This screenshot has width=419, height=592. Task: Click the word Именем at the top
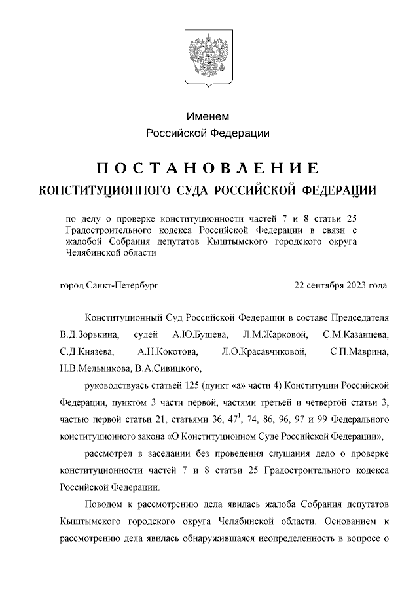[208, 116]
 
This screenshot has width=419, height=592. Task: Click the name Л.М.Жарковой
[270, 336]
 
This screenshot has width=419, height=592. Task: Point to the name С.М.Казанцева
[356, 336]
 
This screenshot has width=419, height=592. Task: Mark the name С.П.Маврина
[360, 353]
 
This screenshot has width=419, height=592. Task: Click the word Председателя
[358, 319]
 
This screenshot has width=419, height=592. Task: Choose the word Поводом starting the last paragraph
[104, 506]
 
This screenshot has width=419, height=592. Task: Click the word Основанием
[349, 523]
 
